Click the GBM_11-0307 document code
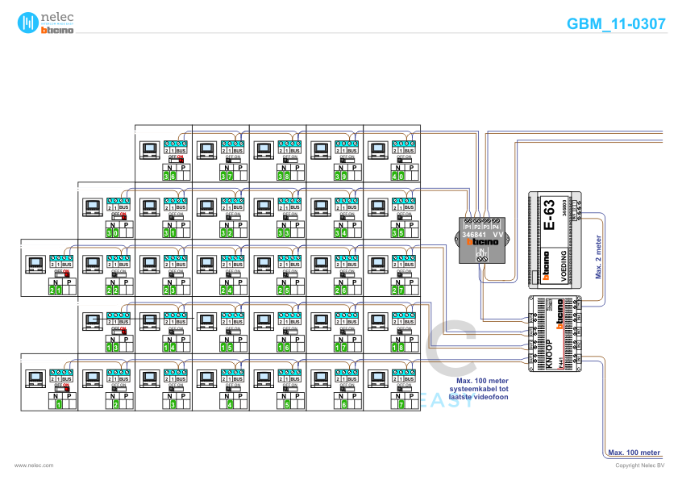[x=616, y=24]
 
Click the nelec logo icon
[x=30, y=23]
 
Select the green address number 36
[x=169, y=176]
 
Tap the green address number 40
[x=397, y=176]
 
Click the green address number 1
[x=59, y=404]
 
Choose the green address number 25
[x=283, y=290]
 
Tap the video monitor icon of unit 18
[x=377, y=320]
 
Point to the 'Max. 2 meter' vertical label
[x=599, y=257]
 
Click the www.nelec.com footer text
[x=34, y=465]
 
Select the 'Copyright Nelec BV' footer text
[x=639, y=465]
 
